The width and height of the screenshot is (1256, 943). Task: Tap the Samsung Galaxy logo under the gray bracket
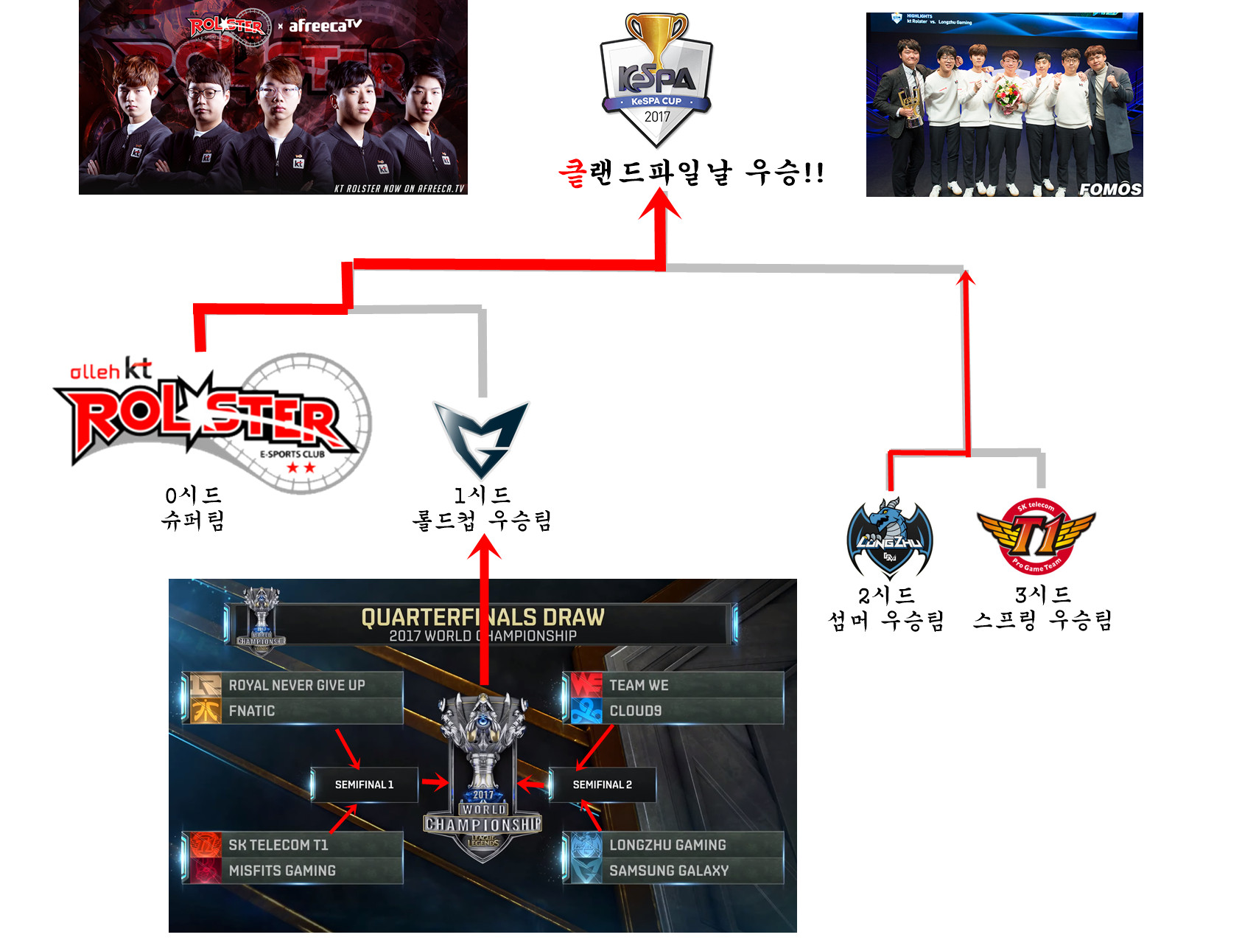[x=481, y=439]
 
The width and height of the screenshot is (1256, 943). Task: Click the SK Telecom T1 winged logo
[x=1036, y=536]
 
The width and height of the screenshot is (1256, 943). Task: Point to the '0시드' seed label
[x=193, y=495]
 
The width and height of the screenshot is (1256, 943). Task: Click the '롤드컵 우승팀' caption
[x=483, y=521]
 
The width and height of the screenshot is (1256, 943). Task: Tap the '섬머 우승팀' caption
[x=887, y=621]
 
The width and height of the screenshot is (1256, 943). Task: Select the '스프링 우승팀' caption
[x=1042, y=621]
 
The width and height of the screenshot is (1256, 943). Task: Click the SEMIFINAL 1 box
[x=365, y=784]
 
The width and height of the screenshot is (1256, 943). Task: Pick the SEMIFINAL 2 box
[x=603, y=784]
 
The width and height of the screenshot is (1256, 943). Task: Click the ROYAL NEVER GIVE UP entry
[x=297, y=685]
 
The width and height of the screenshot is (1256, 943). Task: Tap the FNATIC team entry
[x=252, y=711]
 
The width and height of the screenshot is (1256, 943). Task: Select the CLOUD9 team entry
[x=635, y=711]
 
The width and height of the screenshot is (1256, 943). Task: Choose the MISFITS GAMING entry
[x=282, y=871]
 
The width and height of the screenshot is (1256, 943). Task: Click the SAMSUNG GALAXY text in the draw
[x=669, y=871]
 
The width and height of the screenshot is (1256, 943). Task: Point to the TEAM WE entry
[x=639, y=685]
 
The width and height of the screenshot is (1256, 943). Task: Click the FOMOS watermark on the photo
[x=1110, y=189]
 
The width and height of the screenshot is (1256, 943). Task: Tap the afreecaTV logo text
[x=325, y=26]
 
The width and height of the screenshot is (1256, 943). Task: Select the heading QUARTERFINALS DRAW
[x=483, y=617]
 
